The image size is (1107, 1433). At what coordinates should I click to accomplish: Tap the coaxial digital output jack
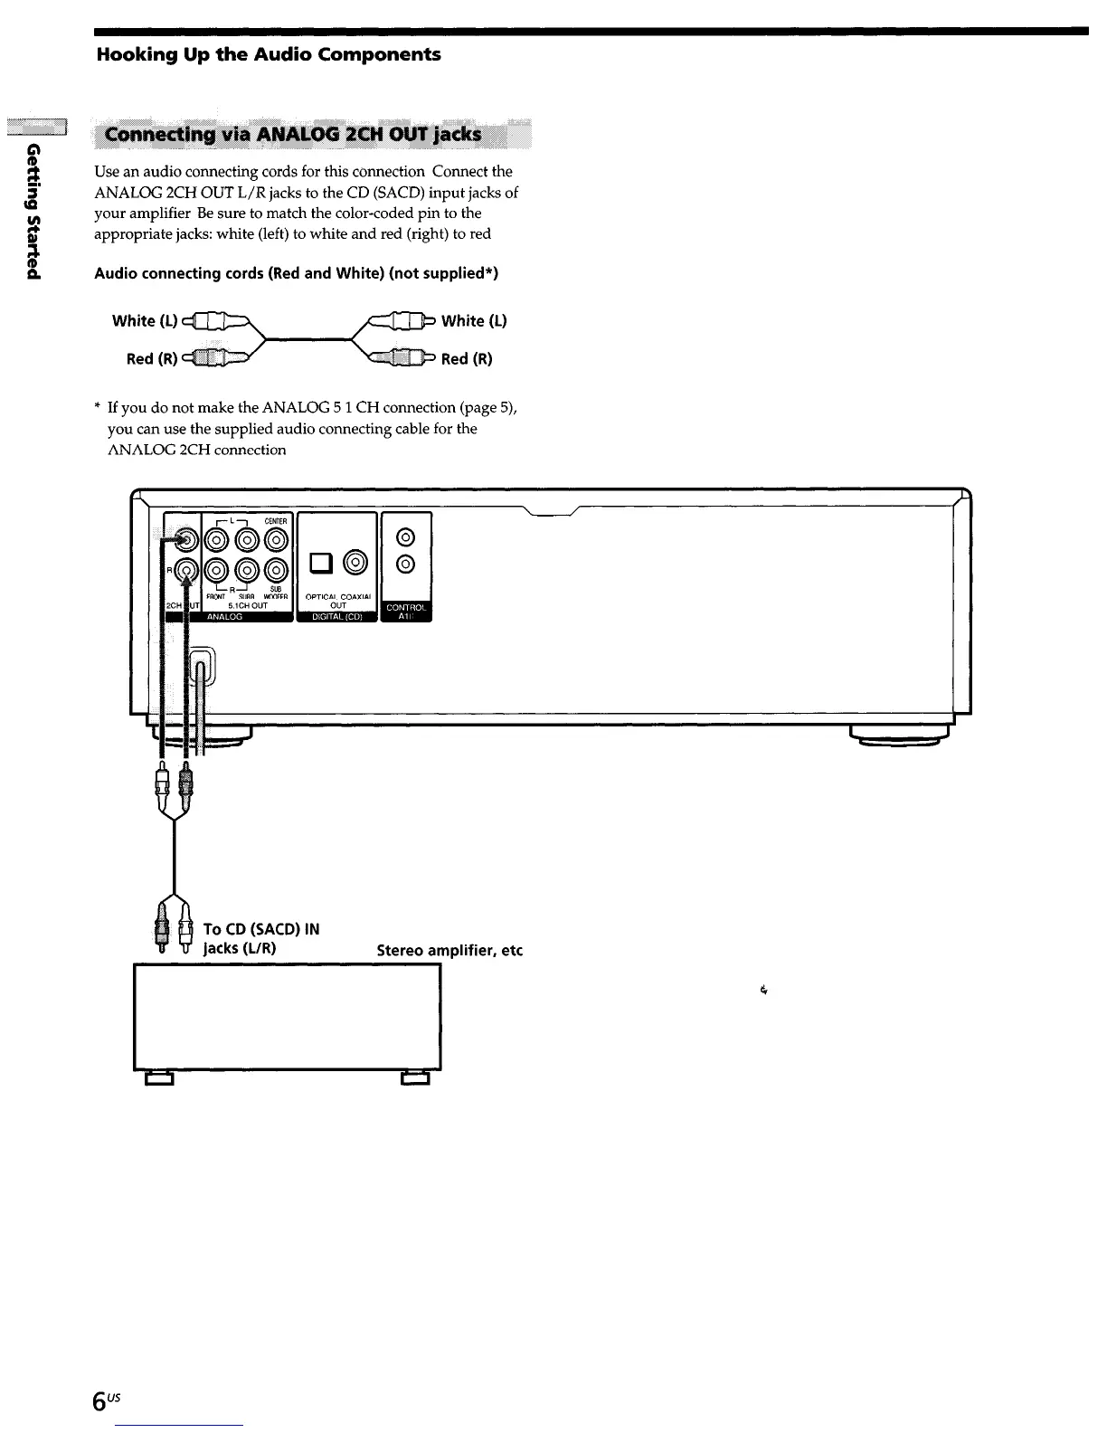[357, 563]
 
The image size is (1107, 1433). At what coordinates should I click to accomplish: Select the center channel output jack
[276, 540]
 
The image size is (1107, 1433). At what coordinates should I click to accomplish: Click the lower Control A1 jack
[406, 565]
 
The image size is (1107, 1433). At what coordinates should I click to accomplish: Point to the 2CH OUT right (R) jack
[185, 570]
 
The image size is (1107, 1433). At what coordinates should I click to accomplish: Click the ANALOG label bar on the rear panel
[226, 617]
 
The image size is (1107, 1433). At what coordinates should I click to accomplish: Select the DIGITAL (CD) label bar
[336, 617]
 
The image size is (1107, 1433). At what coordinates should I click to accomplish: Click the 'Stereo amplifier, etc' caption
[449, 951]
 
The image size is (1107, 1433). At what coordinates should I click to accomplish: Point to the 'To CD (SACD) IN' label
[261, 929]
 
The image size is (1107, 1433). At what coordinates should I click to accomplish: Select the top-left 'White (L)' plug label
[133, 321]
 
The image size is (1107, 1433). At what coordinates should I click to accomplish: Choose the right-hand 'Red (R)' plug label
[467, 359]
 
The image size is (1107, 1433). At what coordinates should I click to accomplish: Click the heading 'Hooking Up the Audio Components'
[269, 54]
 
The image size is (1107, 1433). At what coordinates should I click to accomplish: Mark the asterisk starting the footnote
[99, 408]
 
